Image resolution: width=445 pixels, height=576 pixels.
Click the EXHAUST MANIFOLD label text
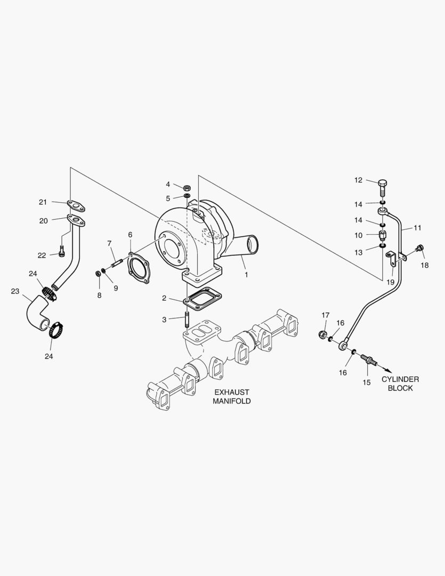(232, 396)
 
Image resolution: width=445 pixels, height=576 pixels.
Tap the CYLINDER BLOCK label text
(400, 383)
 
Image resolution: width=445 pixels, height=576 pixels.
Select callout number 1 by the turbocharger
(246, 275)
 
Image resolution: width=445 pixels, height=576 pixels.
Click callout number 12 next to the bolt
(358, 180)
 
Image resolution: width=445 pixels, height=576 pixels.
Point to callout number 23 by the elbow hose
(15, 291)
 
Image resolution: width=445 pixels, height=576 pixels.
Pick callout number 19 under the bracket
(390, 282)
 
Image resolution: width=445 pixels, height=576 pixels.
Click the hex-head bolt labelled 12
(383, 188)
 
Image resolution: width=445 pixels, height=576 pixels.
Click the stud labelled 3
(187, 321)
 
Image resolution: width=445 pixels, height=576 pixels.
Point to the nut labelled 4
(187, 187)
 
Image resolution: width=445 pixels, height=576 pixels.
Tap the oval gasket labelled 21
(77, 204)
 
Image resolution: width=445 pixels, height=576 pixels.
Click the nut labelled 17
(322, 335)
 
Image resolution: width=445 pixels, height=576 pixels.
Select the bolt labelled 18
(419, 247)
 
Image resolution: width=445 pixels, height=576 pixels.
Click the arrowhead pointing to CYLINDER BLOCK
(389, 370)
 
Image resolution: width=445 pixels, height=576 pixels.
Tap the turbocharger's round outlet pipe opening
(252, 245)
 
